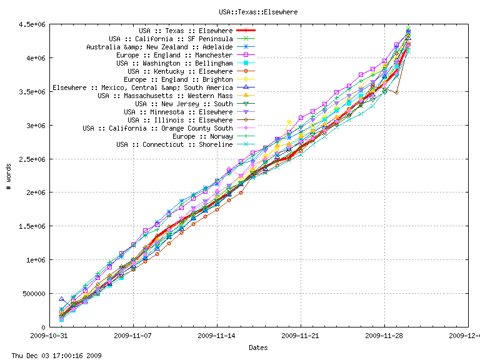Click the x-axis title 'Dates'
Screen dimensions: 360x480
click(x=258, y=347)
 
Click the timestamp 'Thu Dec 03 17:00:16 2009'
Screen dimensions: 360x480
click(x=52, y=356)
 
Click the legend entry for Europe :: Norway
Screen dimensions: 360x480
click(x=202, y=136)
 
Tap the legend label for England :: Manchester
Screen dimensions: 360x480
click(x=174, y=55)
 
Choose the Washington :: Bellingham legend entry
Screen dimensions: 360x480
click(x=174, y=63)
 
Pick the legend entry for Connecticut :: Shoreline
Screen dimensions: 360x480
click(x=174, y=144)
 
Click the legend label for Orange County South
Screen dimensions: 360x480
click(x=157, y=128)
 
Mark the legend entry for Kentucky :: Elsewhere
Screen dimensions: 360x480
click(x=179, y=71)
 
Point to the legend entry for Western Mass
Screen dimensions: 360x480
click(x=165, y=96)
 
